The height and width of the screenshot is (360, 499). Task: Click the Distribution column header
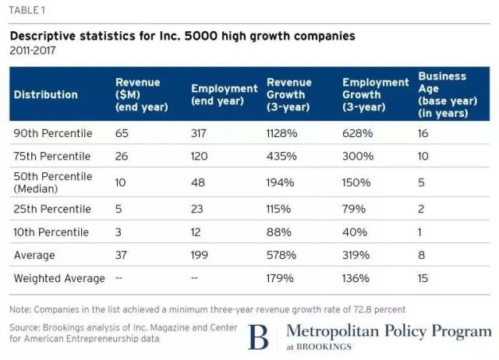[45, 94]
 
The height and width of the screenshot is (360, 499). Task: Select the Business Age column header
[442, 94]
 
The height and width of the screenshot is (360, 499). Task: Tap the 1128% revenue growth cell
[282, 133]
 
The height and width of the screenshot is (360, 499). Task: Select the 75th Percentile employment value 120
[200, 156]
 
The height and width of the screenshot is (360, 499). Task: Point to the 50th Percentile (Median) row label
[53, 182]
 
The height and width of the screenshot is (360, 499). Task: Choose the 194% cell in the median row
[280, 182]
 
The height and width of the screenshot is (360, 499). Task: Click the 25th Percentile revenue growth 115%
[279, 209]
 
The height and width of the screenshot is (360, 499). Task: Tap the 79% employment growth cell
[353, 209]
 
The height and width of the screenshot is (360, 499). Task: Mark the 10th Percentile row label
[51, 232]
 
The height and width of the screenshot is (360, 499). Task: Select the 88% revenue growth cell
[278, 232]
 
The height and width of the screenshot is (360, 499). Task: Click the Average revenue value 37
[122, 255]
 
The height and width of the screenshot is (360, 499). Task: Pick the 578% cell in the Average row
[281, 255]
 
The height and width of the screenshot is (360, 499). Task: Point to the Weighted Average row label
[59, 278]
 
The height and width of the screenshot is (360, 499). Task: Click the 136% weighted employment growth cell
[356, 278]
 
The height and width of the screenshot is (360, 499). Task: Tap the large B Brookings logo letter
[257, 337]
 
